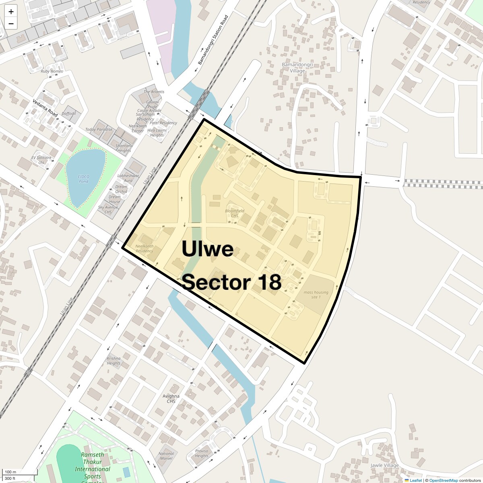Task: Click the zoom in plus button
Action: [11, 12]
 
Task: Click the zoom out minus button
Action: [11, 24]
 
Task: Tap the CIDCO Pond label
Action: [83, 179]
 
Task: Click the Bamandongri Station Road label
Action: [213, 40]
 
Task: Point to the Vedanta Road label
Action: [45, 108]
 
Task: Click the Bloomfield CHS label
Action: [235, 213]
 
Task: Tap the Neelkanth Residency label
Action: [144, 248]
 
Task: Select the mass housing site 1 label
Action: [316, 295]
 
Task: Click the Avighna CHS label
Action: [171, 398]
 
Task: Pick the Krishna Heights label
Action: [114, 361]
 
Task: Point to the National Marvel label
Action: [166, 456]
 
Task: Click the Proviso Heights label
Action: [202, 454]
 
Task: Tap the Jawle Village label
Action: [384, 465]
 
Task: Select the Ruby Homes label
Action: [52, 71]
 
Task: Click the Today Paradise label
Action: [99, 130]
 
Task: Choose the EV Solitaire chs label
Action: [41, 160]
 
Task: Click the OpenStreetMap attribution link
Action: [443, 480]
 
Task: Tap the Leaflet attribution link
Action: [416, 480]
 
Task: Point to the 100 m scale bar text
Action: [10, 472]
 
